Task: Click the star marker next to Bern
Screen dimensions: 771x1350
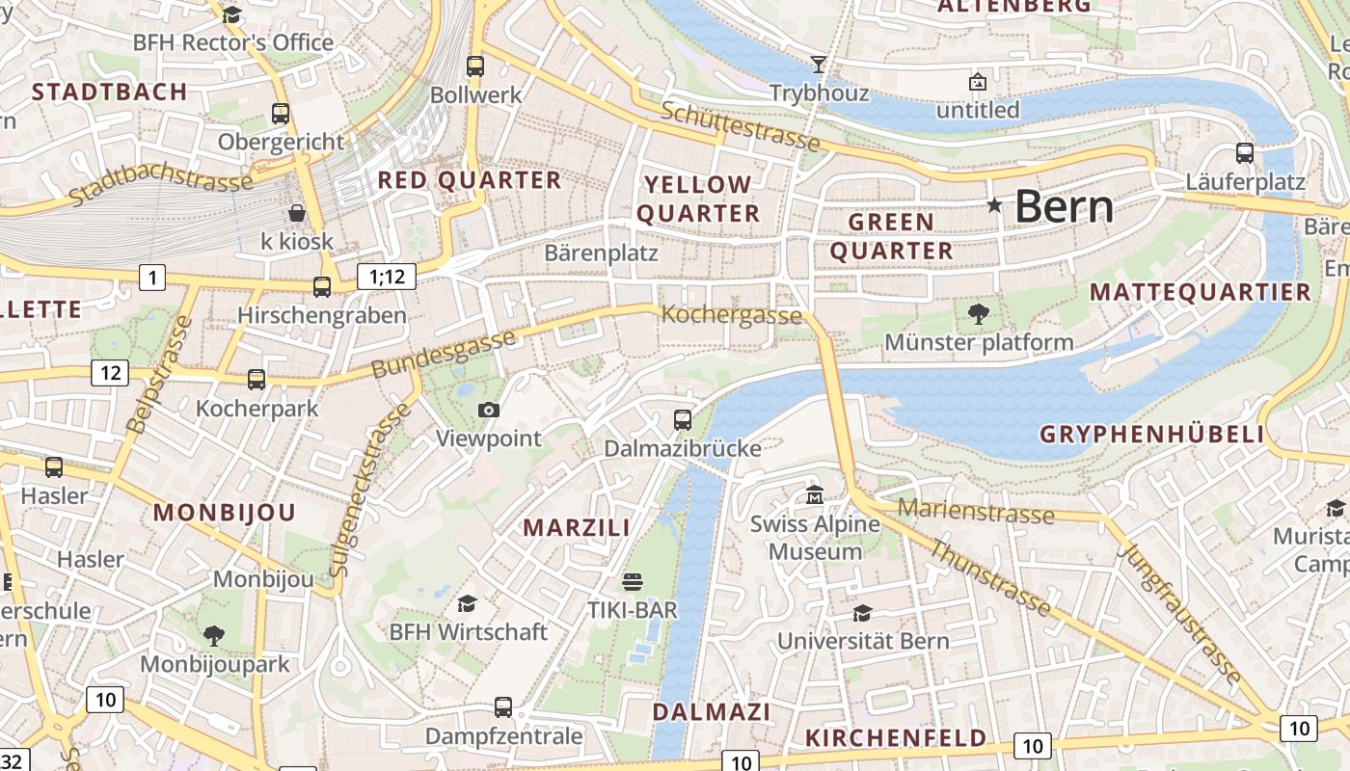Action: pyautogui.click(x=994, y=205)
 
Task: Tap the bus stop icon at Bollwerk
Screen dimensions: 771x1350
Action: pyautogui.click(x=474, y=66)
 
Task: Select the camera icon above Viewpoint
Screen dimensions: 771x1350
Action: pyautogui.click(x=489, y=410)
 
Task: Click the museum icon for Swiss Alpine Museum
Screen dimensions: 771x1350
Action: pyautogui.click(x=815, y=495)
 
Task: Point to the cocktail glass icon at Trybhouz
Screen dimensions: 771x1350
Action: pyautogui.click(x=819, y=65)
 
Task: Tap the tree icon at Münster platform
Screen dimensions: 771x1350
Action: pyautogui.click(x=978, y=313)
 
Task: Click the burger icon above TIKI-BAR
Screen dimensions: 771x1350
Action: pyautogui.click(x=633, y=581)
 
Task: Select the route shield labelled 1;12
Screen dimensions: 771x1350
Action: pyautogui.click(x=387, y=277)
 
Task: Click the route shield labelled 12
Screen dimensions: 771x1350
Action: pyautogui.click(x=110, y=372)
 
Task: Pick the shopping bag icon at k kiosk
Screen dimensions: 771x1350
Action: pyautogui.click(x=297, y=212)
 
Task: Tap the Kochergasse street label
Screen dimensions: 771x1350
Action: pyautogui.click(x=731, y=315)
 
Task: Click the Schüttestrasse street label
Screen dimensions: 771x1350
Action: pyautogui.click(x=741, y=126)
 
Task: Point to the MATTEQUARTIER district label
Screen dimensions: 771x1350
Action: pyautogui.click(x=1201, y=292)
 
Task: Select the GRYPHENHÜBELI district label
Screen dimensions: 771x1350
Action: pyautogui.click(x=1151, y=435)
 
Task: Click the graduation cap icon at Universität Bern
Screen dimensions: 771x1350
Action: pyautogui.click(x=862, y=613)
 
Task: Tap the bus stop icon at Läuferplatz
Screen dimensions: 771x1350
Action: pyautogui.click(x=1245, y=152)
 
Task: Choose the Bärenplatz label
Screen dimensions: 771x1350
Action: pyautogui.click(x=601, y=253)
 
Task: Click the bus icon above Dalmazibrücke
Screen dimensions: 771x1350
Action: pyautogui.click(x=683, y=419)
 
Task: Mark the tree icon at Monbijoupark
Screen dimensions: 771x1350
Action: pyautogui.click(x=214, y=635)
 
